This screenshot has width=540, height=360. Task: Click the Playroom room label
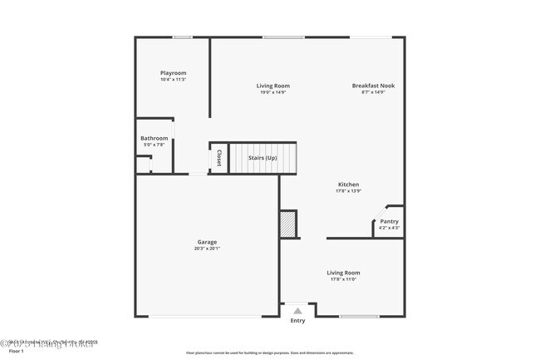point(173,73)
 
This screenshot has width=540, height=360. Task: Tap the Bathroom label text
point(154,138)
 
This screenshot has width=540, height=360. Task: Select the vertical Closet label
point(218,157)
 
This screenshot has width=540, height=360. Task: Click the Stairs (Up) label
point(263,157)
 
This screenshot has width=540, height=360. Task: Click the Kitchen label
point(348,185)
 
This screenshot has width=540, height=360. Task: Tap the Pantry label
point(389,221)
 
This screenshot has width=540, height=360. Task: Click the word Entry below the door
point(297,320)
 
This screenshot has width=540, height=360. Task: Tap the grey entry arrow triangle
point(297,310)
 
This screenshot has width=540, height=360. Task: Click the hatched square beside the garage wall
point(288,224)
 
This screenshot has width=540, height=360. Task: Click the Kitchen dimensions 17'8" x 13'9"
point(348,191)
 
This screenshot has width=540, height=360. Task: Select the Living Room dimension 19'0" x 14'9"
point(272,92)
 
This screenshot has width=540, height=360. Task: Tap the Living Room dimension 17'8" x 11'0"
point(343,279)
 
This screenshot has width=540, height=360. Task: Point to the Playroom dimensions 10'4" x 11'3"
point(173,80)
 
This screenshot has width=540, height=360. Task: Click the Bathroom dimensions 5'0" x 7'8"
point(154,145)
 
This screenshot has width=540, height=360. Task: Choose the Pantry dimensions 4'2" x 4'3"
point(389,228)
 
